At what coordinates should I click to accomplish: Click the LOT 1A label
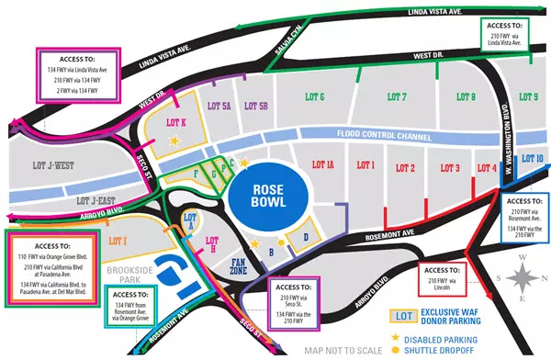[x=323, y=165]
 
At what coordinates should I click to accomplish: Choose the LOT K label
[x=175, y=122]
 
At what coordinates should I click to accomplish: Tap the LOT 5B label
[x=255, y=107]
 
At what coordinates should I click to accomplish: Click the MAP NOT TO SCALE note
[x=343, y=350]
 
